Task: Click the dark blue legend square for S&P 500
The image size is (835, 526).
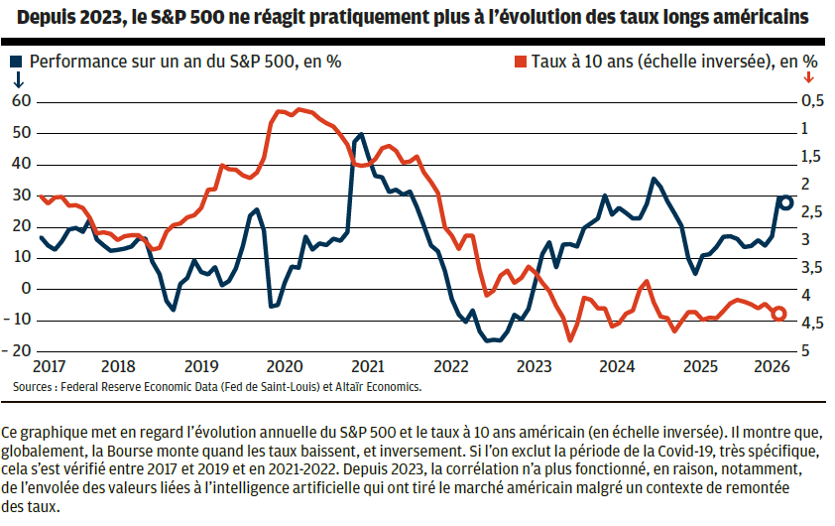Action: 16,62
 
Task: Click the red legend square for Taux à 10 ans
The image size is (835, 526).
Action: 521,62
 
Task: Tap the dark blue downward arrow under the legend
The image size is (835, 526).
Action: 18,79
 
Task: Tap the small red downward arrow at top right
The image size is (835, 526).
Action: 809,77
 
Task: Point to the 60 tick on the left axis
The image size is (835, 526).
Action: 22,100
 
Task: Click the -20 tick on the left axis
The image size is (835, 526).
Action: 17,350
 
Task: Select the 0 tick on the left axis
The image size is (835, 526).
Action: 26,289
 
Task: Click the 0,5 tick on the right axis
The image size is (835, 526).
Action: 812,100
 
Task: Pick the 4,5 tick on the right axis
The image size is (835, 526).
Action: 812,323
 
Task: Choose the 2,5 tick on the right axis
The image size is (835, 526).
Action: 812,211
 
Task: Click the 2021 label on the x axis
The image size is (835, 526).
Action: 368,366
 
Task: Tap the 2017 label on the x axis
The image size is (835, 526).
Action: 49,366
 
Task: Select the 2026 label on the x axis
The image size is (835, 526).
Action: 773,366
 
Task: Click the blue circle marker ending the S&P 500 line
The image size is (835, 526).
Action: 786,203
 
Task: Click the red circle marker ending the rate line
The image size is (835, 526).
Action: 778,314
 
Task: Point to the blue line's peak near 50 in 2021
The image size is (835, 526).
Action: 362,134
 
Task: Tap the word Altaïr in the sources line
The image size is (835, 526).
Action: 350,387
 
